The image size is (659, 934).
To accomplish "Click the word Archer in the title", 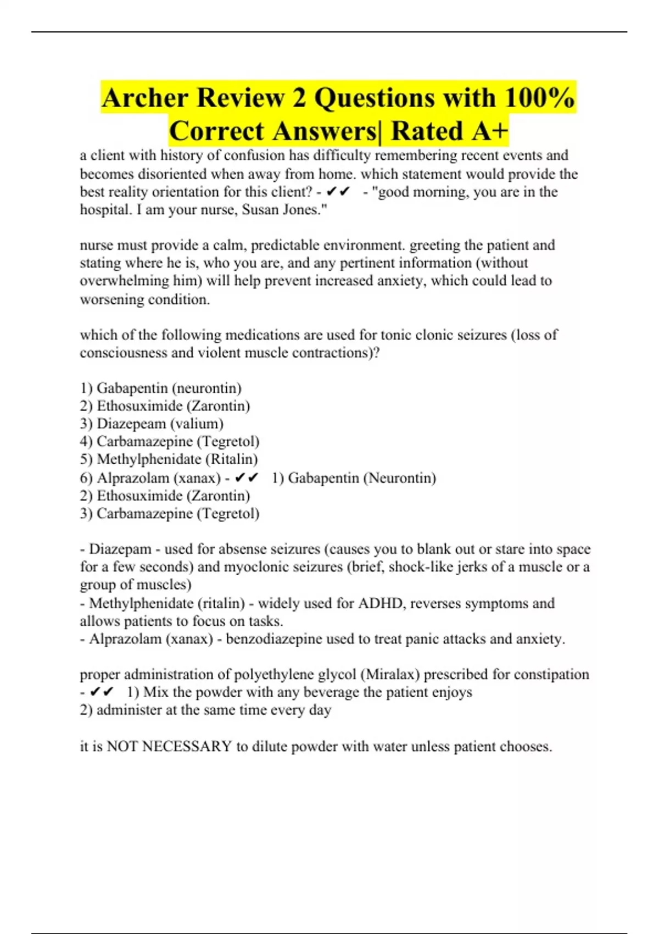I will pos(145,98).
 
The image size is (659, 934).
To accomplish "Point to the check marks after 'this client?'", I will pos(338,192).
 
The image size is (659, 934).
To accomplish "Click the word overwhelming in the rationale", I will pos(125,281).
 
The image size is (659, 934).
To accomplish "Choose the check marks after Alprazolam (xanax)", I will pos(247,478).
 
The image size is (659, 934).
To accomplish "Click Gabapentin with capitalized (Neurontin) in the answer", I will pos(323,478).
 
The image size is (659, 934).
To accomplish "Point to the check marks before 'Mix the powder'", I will pos(102,692).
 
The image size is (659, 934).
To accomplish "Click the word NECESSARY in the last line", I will pos(187,747).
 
